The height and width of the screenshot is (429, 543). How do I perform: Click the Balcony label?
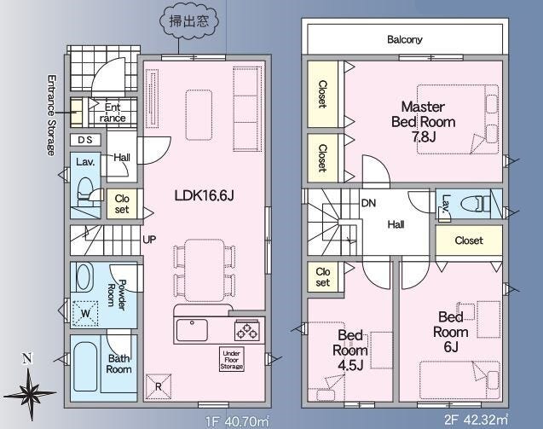click(404, 39)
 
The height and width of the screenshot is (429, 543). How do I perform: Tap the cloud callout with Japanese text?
click(189, 20)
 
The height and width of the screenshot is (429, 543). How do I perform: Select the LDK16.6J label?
click(204, 196)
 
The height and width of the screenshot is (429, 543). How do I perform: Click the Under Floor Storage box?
click(232, 360)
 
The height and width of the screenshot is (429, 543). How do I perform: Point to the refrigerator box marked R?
click(159, 386)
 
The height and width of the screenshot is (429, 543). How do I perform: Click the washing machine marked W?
click(85, 314)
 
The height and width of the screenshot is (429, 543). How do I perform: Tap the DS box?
click(85, 140)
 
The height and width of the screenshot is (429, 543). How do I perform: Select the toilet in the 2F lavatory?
click(477, 204)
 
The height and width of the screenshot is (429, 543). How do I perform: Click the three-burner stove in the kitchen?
click(246, 330)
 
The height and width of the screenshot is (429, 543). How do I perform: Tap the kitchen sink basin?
click(192, 330)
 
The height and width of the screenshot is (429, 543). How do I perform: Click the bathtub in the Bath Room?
click(85, 366)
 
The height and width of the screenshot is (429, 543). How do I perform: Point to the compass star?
click(30, 393)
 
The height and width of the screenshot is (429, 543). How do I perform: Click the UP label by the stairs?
click(149, 240)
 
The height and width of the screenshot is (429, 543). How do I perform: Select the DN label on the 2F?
click(368, 203)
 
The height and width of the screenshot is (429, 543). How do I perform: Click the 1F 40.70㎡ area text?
click(237, 421)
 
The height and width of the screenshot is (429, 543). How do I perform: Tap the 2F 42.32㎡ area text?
click(477, 420)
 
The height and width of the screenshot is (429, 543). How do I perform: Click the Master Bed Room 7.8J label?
click(423, 122)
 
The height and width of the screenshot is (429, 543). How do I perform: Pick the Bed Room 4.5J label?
click(350, 350)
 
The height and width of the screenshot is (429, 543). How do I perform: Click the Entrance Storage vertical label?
click(51, 115)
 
